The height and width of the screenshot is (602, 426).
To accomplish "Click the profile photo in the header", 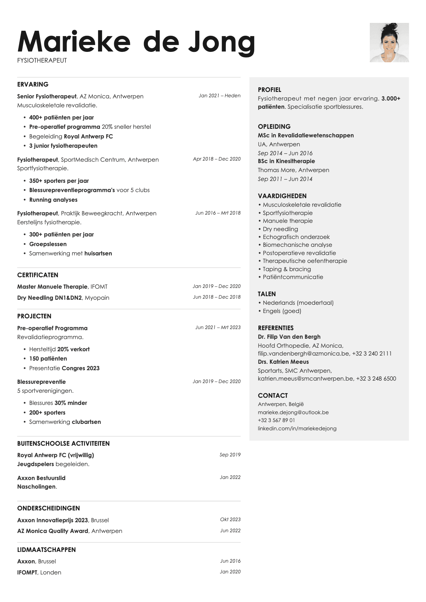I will [389, 43].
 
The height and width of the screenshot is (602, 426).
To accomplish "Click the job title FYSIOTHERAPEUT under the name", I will [42, 60].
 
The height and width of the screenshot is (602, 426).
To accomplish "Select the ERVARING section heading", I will [33, 84].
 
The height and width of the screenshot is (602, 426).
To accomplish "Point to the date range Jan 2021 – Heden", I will [219, 96].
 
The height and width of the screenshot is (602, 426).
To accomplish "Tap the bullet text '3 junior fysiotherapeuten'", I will [63, 146].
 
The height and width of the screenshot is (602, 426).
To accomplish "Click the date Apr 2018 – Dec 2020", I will [217, 159].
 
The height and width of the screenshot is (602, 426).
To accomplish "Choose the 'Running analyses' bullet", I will [53, 200].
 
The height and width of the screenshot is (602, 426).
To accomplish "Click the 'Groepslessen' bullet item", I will [48, 244].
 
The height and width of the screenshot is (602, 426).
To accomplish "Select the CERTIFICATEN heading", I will [38, 275].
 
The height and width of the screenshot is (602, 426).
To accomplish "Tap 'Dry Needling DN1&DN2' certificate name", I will [49, 298].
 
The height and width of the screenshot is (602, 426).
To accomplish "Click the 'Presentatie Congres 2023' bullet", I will [64, 368].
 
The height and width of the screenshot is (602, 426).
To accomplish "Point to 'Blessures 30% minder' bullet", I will [58, 403].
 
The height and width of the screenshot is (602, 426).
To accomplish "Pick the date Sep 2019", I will [230, 455].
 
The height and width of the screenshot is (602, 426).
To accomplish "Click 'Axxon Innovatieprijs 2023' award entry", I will [52, 520].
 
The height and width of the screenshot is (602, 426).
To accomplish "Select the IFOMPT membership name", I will [27, 572].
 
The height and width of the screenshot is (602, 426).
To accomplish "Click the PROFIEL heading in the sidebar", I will [270, 90].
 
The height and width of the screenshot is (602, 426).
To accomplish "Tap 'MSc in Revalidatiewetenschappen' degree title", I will [306, 135].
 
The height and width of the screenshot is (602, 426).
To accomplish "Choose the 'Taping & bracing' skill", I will [286, 269].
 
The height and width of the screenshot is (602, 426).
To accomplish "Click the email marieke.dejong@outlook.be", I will [293, 412].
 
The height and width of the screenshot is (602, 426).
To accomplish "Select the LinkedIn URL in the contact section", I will [297, 428].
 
